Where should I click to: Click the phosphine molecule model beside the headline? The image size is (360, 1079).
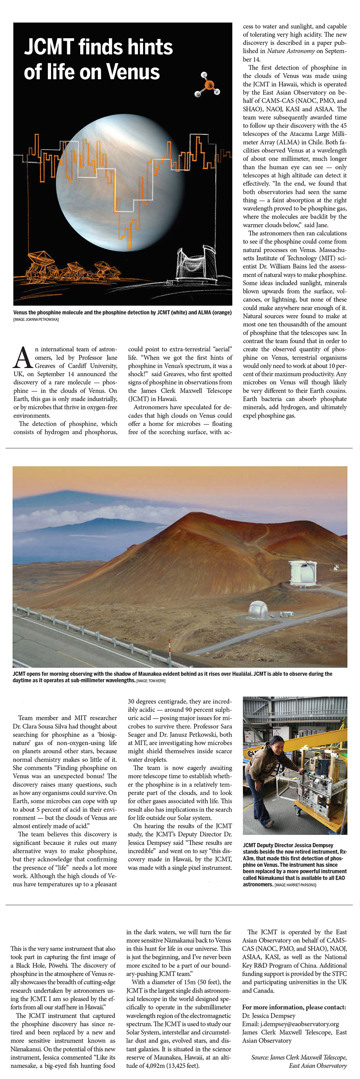pyautogui.click(x=208, y=84)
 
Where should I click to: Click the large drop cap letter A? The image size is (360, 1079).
pyautogui.click(x=23, y=358)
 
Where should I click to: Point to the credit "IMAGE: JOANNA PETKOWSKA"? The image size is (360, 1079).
pyautogui.click(x=36, y=320)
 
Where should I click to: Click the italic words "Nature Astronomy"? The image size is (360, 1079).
pyautogui.click(x=291, y=51)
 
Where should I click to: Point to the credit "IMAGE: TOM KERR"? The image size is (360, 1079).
pyautogui.click(x=150, y=680)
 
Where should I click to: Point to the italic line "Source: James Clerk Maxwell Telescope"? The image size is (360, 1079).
pyautogui.click(x=299, y=1058)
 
